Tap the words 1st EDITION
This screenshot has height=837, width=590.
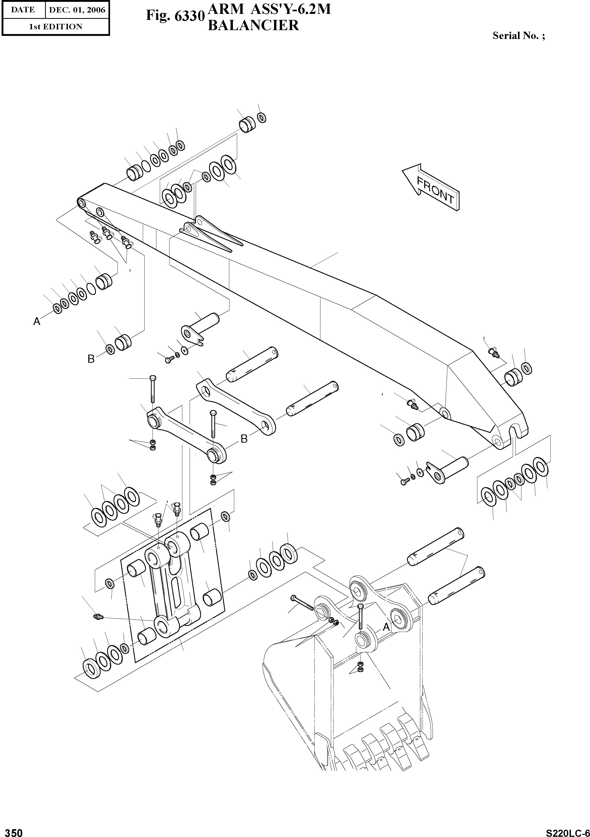56,27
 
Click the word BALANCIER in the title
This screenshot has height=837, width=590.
253,25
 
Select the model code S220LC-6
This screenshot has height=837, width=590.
567,831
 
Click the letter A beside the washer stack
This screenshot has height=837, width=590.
36,322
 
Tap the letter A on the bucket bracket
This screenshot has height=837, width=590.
386,627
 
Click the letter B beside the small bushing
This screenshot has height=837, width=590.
91,359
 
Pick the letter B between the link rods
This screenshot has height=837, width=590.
244,439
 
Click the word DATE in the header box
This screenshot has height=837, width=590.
23,10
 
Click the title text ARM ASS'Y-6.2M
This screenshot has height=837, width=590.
269,9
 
